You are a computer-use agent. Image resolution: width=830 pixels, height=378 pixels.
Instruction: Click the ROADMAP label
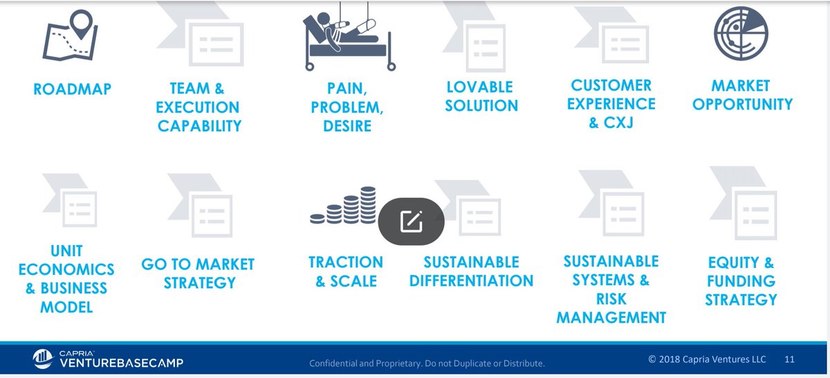[72, 89]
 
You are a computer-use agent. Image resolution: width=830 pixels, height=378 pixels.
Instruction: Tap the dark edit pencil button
[411, 221]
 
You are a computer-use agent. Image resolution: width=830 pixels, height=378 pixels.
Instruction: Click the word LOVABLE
[479, 87]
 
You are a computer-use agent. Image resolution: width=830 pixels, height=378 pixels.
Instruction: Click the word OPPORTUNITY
[742, 105]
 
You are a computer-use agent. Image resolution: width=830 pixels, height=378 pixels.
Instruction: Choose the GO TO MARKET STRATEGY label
[198, 273]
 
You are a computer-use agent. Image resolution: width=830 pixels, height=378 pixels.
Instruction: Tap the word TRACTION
[345, 262]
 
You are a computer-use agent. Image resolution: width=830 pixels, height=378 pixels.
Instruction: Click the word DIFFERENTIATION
[471, 281]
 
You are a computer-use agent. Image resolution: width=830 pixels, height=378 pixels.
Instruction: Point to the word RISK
[611, 299]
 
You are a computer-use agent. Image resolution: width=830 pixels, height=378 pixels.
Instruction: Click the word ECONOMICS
[66, 269]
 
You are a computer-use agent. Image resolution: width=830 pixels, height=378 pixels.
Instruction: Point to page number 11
[789, 359]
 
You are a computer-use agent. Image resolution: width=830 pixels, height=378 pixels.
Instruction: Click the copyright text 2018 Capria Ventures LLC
[708, 359]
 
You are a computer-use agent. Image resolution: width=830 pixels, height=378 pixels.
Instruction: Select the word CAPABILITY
[199, 126]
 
